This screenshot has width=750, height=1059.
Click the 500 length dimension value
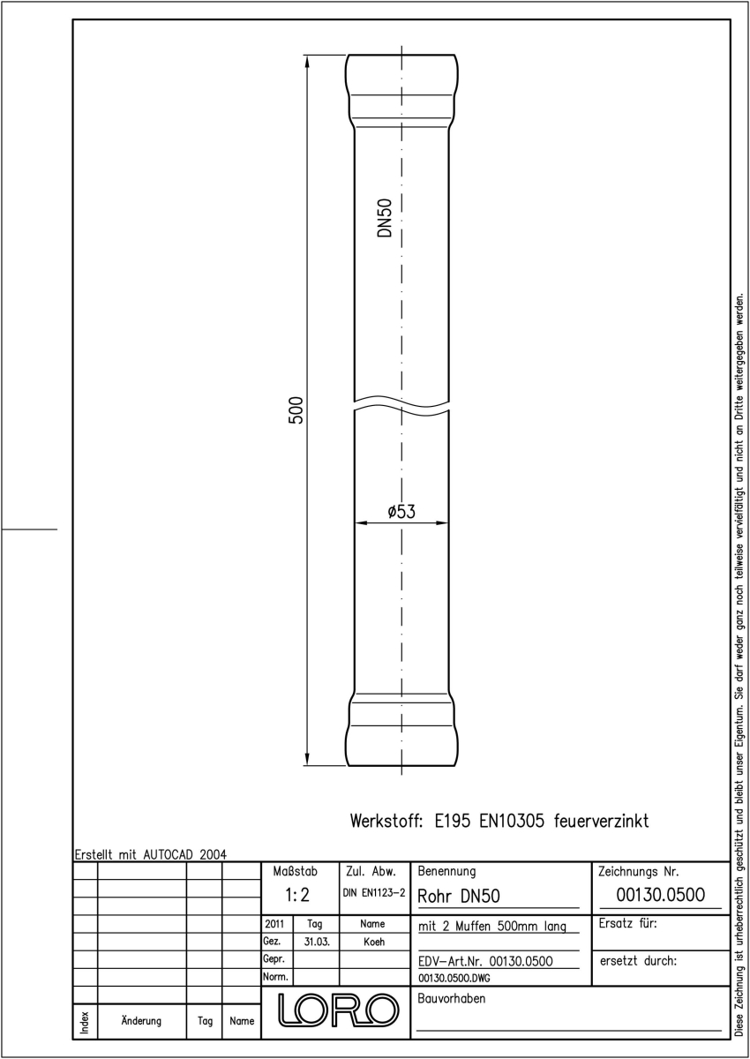(296, 409)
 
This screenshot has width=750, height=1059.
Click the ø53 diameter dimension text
(401, 512)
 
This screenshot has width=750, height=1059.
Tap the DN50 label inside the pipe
(386, 217)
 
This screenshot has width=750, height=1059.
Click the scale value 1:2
(297, 895)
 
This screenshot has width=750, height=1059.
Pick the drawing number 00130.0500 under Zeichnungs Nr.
(660, 895)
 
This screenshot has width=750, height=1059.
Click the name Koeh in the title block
(374, 942)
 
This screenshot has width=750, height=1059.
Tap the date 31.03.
(317, 942)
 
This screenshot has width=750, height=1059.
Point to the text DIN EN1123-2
(374, 893)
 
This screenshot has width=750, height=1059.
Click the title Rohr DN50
(459, 896)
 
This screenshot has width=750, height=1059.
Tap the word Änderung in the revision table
(141, 1021)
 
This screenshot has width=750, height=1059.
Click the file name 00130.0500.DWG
(454, 978)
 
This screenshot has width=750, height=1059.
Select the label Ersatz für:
(627, 923)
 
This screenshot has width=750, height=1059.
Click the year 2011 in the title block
(274, 924)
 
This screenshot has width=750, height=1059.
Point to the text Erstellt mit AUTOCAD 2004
(151, 854)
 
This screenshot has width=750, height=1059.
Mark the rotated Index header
(85, 1022)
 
